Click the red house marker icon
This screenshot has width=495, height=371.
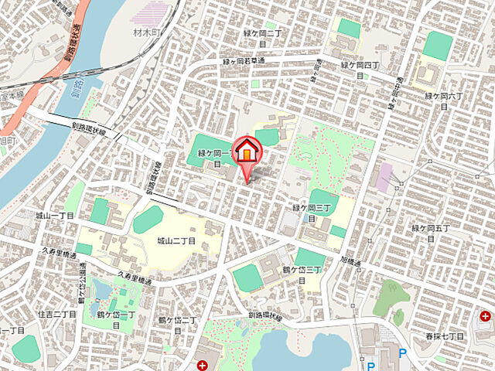pyautogui.click(x=247, y=151)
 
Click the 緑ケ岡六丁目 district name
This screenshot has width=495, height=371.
pyautogui.click(x=443, y=100)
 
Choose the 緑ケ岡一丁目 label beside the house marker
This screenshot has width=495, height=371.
pyautogui.click(x=208, y=157)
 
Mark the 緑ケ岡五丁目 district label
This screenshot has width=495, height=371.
pyautogui.click(x=431, y=233)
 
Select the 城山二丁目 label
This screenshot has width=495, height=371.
pyautogui.click(x=177, y=242)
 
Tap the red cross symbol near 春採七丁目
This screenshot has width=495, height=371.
pyautogui.click(x=485, y=316)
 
